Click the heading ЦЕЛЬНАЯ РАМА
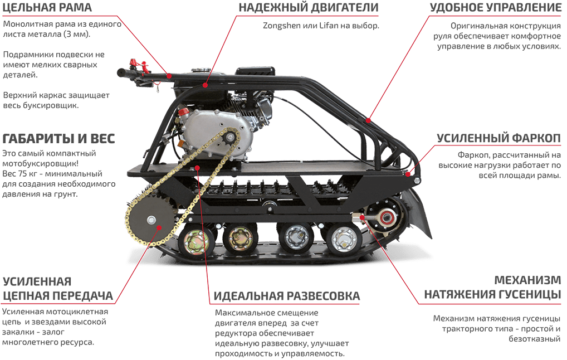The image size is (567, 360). click(x=47, y=8)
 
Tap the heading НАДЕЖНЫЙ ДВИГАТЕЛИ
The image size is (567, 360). click(x=308, y=8)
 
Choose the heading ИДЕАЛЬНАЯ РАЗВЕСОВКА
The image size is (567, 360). click(x=287, y=296)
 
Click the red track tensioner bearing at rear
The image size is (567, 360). click(x=385, y=218)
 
